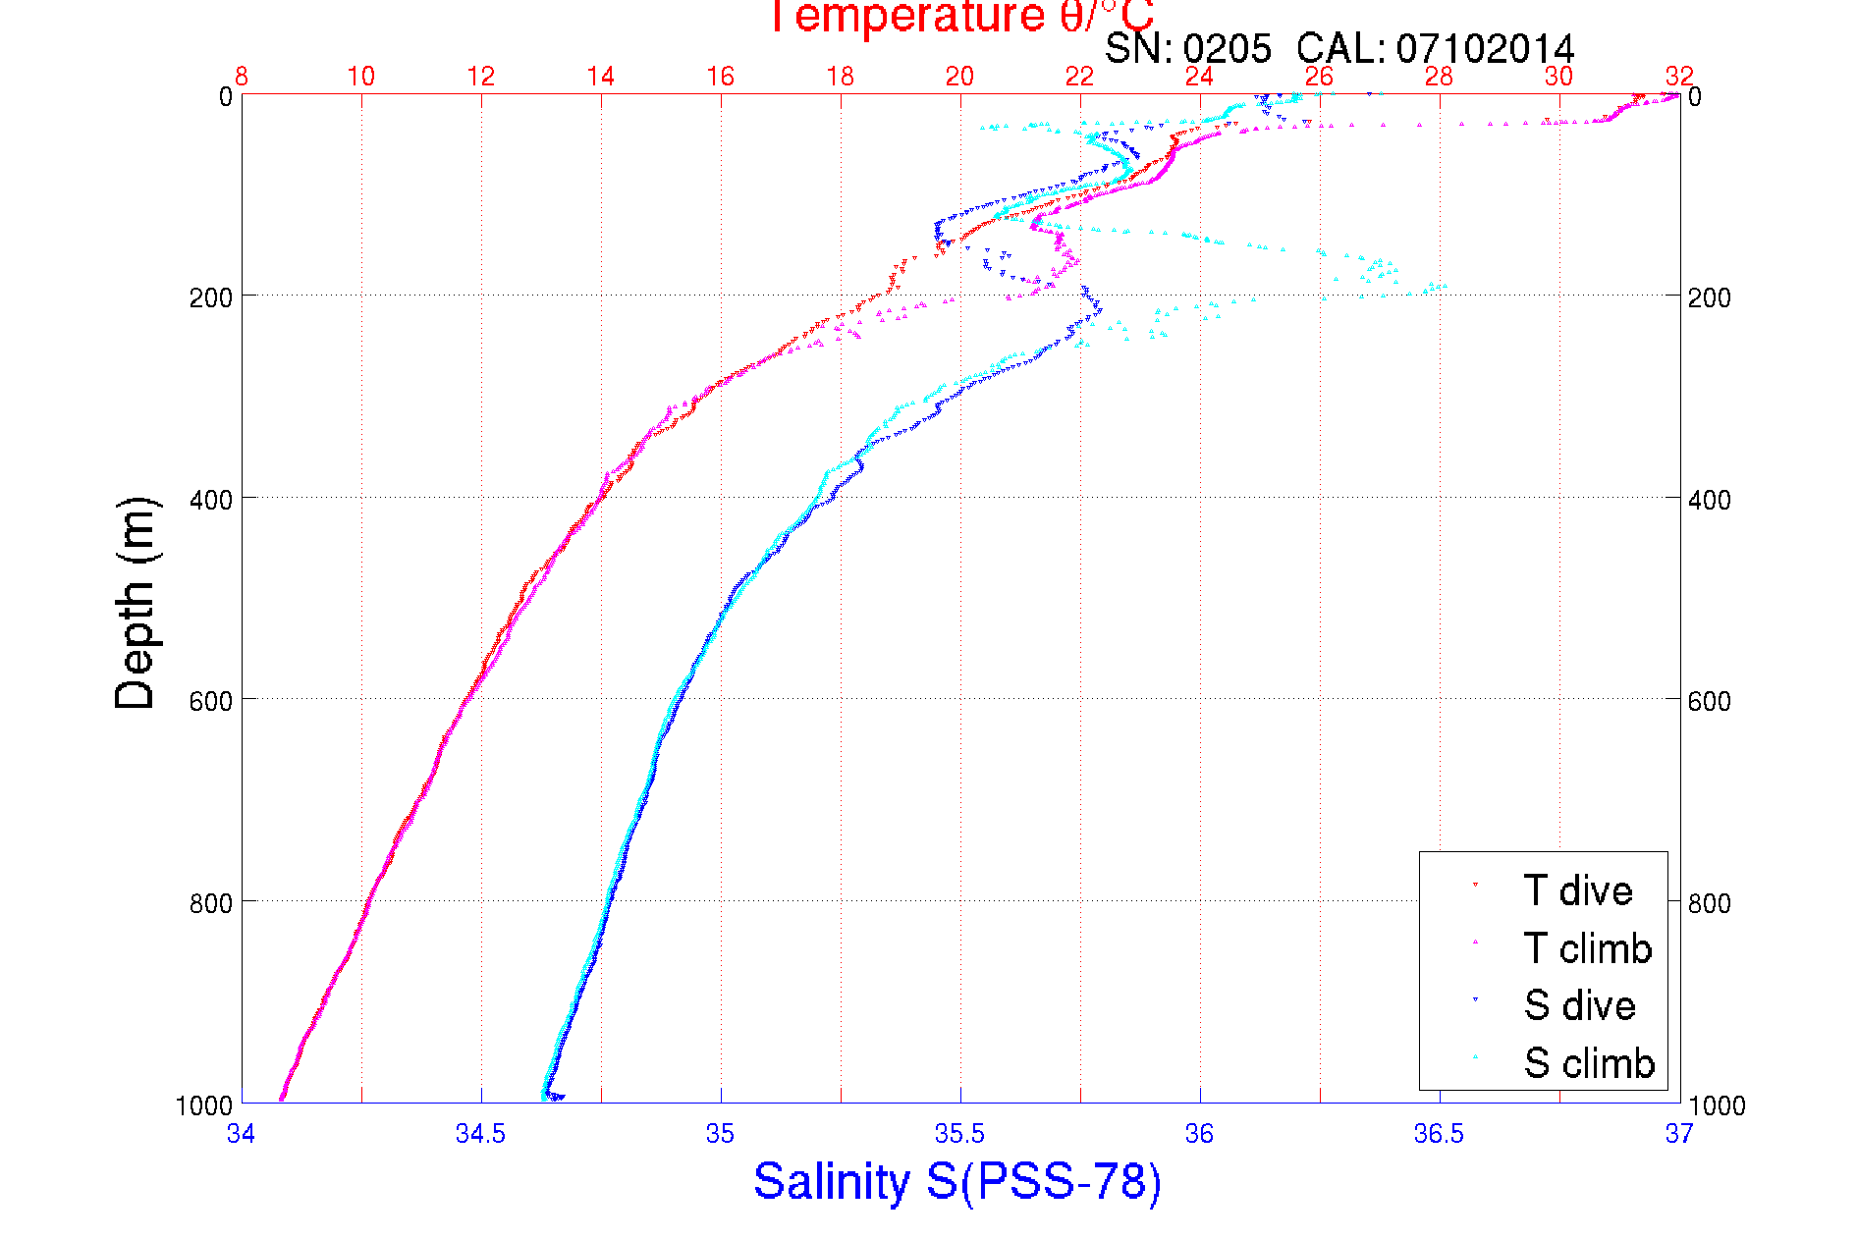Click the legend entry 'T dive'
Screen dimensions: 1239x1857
pos(1577,890)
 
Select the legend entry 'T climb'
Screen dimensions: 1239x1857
pos(1587,948)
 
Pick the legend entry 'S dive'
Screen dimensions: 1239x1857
pos(1579,1005)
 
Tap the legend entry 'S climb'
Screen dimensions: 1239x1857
pos(1589,1062)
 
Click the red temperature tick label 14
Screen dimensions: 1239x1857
pos(600,77)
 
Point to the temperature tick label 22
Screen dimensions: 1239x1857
pos(1079,77)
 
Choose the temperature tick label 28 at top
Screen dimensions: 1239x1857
pos(1439,77)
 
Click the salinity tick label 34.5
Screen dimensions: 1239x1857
pos(480,1134)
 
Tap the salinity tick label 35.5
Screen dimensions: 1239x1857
pos(959,1134)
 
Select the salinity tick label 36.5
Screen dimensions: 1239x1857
pos(1439,1134)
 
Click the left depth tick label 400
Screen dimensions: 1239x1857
pos(211,500)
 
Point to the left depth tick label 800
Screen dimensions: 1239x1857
pos(211,902)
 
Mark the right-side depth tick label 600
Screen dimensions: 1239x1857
pos(1710,701)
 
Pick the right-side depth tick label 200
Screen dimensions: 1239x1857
pos(1710,297)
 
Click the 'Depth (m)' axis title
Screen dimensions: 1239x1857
pos(136,604)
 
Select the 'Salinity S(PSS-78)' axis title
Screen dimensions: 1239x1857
pos(957,1181)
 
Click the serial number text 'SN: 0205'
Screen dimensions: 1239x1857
pos(1187,48)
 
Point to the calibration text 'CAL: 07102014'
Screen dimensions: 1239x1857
pos(1436,48)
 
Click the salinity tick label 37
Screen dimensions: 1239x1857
pos(1678,1134)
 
